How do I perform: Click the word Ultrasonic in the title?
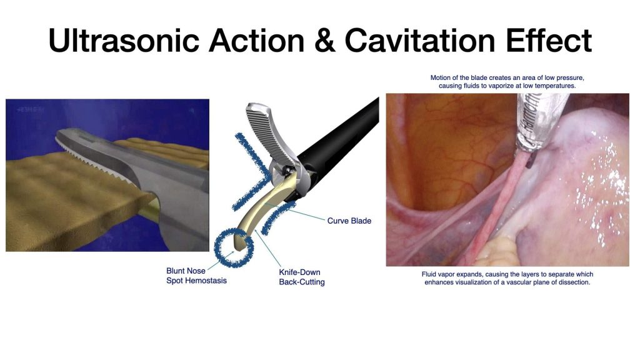click(x=124, y=40)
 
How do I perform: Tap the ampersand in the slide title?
click(x=325, y=41)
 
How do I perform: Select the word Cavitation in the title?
click(x=420, y=40)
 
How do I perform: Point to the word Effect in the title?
click(x=549, y=40)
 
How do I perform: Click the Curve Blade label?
click(x=349, y=221)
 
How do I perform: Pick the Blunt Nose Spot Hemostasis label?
click(x=196, y=276)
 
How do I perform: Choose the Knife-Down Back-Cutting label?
click(x=302, y=277)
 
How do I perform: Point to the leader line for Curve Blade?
click(x=296, y=211)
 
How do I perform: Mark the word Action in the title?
click(x=256, y=40)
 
